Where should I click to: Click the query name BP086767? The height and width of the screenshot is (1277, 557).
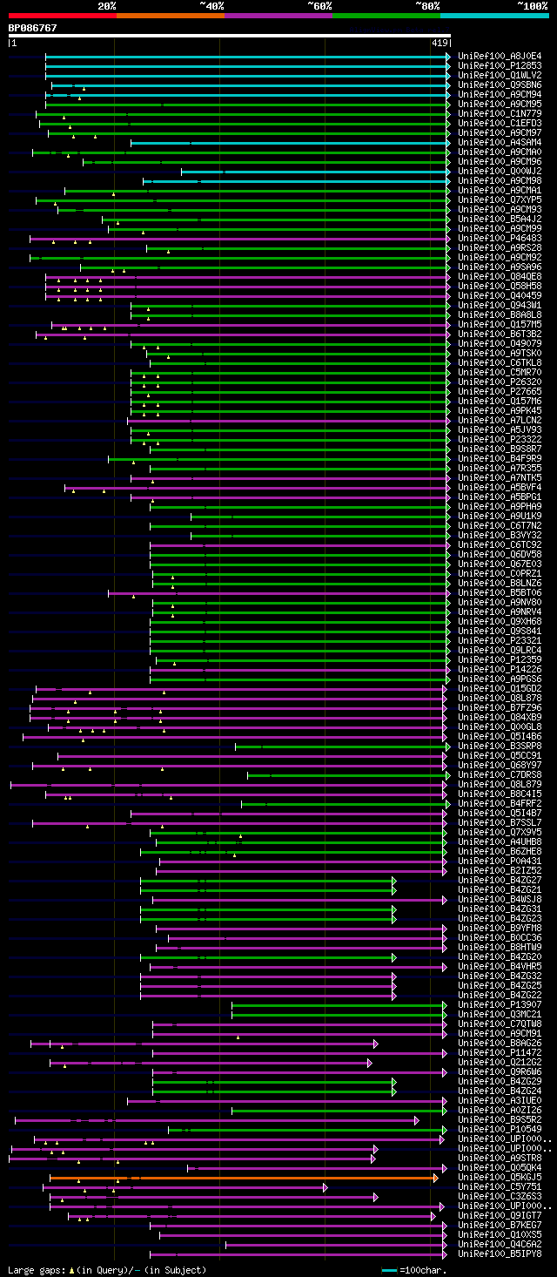(33, 28)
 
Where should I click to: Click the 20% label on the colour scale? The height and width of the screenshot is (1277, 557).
(107, 6)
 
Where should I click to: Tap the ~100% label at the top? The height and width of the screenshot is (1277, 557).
(532, 6)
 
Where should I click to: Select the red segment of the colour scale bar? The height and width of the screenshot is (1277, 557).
(62, 16)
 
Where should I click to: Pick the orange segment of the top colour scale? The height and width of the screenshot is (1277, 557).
(170, 16)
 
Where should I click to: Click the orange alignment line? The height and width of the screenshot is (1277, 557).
(244, 1178)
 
